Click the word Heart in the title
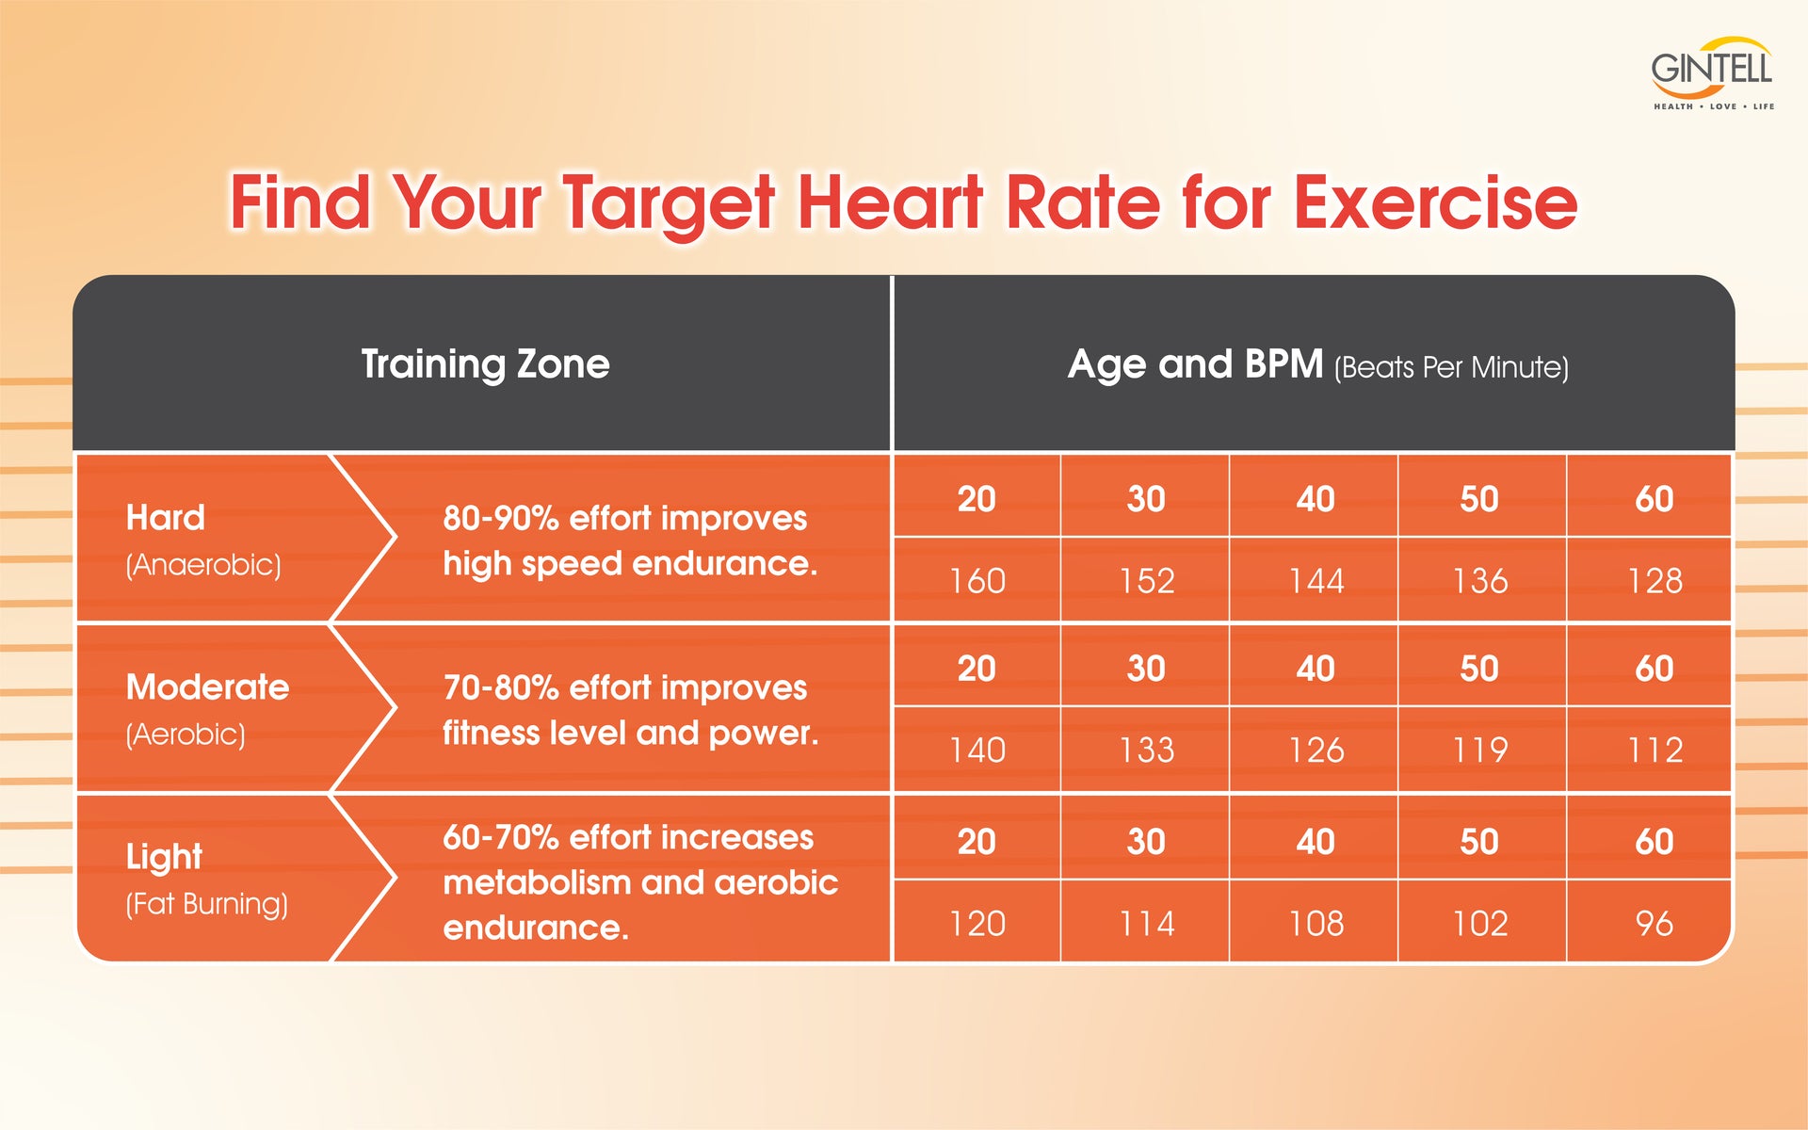[x=890, y=202]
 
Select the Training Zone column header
[x=485, y=364]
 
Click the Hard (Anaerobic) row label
[x=203, y=540]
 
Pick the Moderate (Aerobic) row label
[x=207, y=709]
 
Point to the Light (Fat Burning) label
[x=206, y=879]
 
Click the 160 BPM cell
[x=977, y=581]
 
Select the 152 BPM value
[x=1146, y=581]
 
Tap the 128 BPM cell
[x=1655, y=581]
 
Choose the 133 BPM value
[x=1146, y=751]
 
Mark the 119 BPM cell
[x=1479, y=751]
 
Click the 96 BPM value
[x=1655, y=924]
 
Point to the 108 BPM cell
[x=1316, y=924]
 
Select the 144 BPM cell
[x=1316, y=581]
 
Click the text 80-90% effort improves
[x=624, y=518]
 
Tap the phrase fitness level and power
[x=630, y=734]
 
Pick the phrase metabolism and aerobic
[x=640, y=883]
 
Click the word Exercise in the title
[x=1435, y=202]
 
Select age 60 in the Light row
[x=1655, y=842]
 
